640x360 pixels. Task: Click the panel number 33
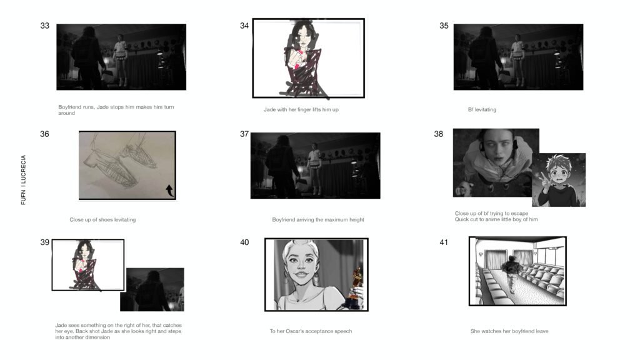pos(45,26)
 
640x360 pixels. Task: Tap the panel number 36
pos(45,134)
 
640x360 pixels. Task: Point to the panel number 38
pos(439,134)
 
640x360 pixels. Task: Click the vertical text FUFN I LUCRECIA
pos(24,180)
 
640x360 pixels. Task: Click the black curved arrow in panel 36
pos(169,190)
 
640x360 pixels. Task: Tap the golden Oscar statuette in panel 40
pos(357,284)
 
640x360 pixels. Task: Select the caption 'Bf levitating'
pos(482,110)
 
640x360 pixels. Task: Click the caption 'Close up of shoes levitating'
pos(102,220)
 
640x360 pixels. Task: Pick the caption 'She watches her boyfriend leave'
pos(509,331)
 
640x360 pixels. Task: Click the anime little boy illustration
pos(558,180)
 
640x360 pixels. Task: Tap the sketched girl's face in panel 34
pos(304,38)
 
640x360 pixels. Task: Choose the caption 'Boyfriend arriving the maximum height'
pos(317,220)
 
